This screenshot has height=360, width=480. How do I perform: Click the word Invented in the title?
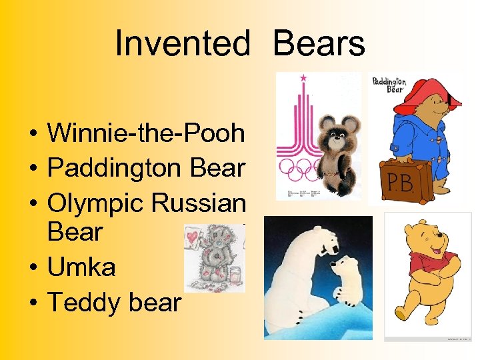point(183,44)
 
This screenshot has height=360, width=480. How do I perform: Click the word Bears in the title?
point(319,44)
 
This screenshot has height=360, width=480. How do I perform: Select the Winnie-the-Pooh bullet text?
point(146,133)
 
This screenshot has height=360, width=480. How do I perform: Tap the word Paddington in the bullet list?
point(114,168)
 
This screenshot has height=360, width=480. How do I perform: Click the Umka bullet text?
point(81,267)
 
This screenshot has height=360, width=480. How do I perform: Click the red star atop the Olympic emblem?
point(304,79)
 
